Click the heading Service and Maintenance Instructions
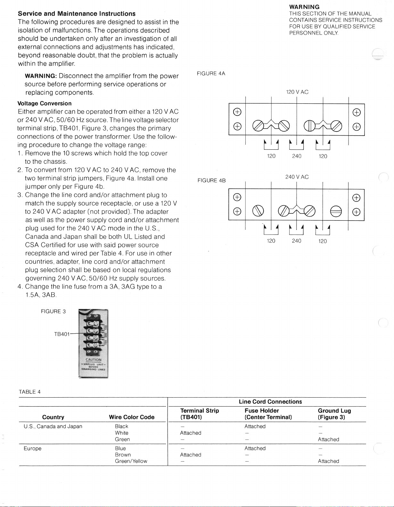coord(77,14)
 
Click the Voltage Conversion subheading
coord(45,103)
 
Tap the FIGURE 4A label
coord(211,74)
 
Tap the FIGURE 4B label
coord(211,180)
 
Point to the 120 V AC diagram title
coord(297,92)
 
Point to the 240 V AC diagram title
coord(297,177)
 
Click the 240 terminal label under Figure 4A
coord(297,156)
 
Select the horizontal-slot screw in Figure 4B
coord(336,211)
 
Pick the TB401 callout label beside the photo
coord(62,334)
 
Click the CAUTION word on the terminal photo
coord(93,360)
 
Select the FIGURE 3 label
coord(53,312)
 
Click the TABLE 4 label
coord(29,392)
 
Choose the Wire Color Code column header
coord(132,417)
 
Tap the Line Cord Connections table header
coord(270,402)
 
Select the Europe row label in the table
coord(33,448)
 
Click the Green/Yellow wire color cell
coord(131,461)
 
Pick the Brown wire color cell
coord(123,455)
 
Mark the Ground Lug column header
coord(334,414)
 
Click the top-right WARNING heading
coord(304,7)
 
